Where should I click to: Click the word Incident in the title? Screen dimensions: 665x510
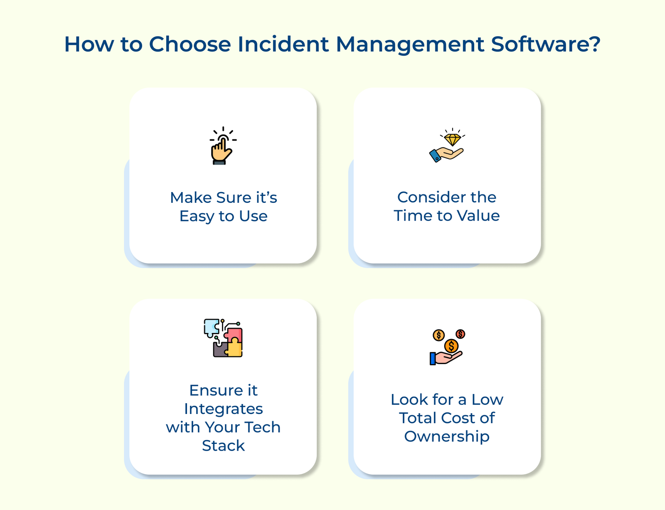tap(283, 44)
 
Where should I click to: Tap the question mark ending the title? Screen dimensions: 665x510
tap(595, 44)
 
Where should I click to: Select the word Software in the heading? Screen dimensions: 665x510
tap(539, 44)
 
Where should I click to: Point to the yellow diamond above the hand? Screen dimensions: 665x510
tap(452, 140)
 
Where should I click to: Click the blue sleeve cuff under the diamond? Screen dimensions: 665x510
tap(435, 156)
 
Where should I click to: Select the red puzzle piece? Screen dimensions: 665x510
tap(234, 335)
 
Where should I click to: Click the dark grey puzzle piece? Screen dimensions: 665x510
tap(220, 350)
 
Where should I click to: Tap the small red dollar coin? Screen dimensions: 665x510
tap(460, 334)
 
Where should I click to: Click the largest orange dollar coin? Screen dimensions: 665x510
tap(451, 346)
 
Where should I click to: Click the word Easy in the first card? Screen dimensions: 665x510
tap(197, 216)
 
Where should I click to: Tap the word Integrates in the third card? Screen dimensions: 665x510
tap(224, 409)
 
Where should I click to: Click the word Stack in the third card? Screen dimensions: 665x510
tap(224, 446)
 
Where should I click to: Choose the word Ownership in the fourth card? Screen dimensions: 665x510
tap(447, 436)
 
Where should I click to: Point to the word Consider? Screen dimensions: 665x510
tap(430, 197)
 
